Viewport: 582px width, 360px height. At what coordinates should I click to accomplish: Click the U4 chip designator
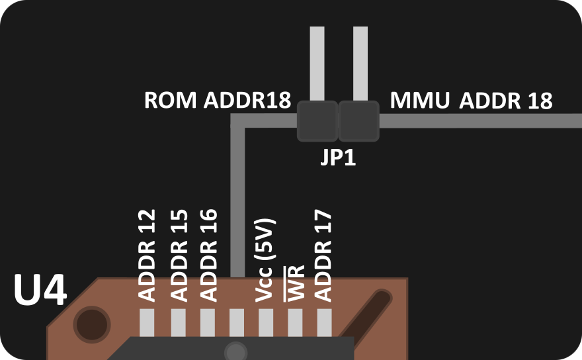(40, 291)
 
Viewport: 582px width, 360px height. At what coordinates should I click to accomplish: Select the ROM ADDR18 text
(218, 101)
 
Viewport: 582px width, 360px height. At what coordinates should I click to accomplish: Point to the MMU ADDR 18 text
(471, 101)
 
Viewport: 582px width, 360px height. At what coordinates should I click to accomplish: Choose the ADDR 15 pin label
(179, 255)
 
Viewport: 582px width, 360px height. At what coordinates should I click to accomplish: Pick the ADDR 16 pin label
(208, 255)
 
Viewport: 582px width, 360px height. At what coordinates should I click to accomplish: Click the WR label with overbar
(294, 283)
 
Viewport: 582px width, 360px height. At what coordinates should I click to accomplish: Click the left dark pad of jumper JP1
(317, 121)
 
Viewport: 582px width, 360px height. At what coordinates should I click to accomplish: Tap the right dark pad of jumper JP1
(359, 121)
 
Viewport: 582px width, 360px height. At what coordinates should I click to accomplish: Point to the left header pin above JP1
(317, 63)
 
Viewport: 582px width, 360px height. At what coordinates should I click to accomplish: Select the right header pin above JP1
(360, 63)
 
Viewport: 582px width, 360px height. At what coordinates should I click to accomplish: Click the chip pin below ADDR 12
(147, 323)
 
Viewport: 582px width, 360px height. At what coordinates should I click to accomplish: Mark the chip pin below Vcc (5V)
(266, 323)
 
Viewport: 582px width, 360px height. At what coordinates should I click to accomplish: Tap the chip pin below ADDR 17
(324, 323)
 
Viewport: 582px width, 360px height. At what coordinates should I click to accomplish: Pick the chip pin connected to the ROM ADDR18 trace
(237, 323)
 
